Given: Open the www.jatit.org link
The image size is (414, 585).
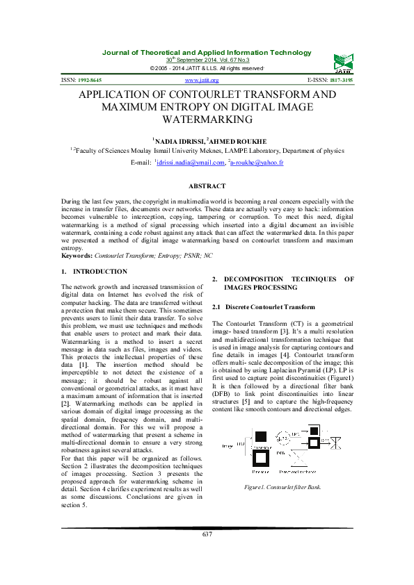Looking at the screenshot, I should [207, 81].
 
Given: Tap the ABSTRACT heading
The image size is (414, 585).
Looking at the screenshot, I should [207, 186].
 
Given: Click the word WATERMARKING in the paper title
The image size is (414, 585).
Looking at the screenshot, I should [207, 120].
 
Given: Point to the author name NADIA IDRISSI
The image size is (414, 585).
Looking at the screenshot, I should [176, 141].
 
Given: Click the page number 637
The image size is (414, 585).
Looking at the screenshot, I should [207, 553].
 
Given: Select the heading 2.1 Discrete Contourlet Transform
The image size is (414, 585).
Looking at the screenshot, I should [264, 306].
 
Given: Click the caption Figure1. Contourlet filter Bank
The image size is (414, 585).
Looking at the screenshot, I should [282, 487].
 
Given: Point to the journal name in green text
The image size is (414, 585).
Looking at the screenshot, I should [207, 53].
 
